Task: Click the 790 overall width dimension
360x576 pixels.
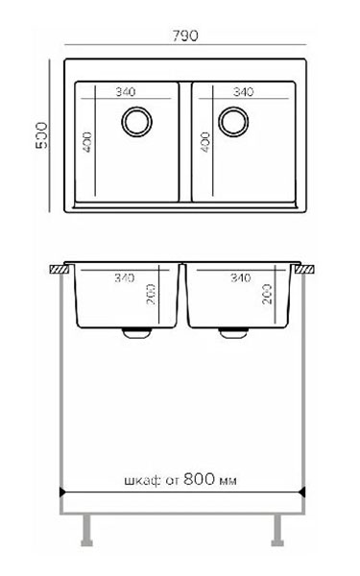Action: (x=185, y=36)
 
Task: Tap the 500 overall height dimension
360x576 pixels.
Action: (x=42, y=135)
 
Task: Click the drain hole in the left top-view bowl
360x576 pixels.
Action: (x=136, y=122)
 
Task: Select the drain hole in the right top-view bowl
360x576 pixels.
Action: (x=233, y=122)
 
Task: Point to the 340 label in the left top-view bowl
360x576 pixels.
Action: (x=126, y=91)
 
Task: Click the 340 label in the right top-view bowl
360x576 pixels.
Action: (x=243, y=91)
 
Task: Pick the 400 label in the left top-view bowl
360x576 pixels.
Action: (x=87, y=142)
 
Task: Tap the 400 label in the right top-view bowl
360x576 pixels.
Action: (x=205, y=142)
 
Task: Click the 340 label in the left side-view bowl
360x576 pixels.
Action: (x=124, y=277)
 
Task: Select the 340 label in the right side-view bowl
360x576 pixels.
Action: (x=241, y=277)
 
